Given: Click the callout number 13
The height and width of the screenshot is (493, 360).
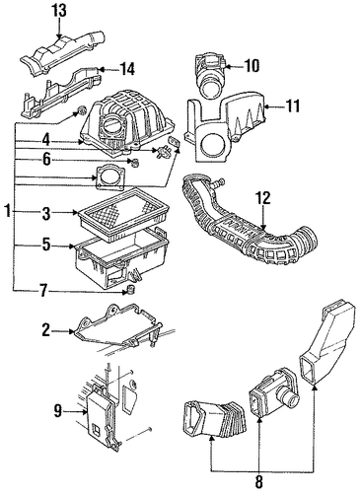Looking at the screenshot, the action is click(59, 11).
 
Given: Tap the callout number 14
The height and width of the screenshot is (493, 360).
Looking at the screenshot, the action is click(125, 69).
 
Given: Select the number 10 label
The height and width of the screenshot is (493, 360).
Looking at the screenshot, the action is click(251, 66).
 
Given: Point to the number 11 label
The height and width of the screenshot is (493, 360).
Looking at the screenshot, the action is click(291, 106).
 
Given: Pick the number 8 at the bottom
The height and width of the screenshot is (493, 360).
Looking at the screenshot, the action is click(258, 482).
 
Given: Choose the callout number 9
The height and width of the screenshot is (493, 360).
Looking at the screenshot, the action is click(58, 410).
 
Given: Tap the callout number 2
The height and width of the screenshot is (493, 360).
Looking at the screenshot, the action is click(46, 331).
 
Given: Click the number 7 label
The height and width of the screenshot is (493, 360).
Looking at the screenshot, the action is click(43, 291).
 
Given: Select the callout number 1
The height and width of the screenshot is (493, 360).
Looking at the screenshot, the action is click(7, 211).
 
